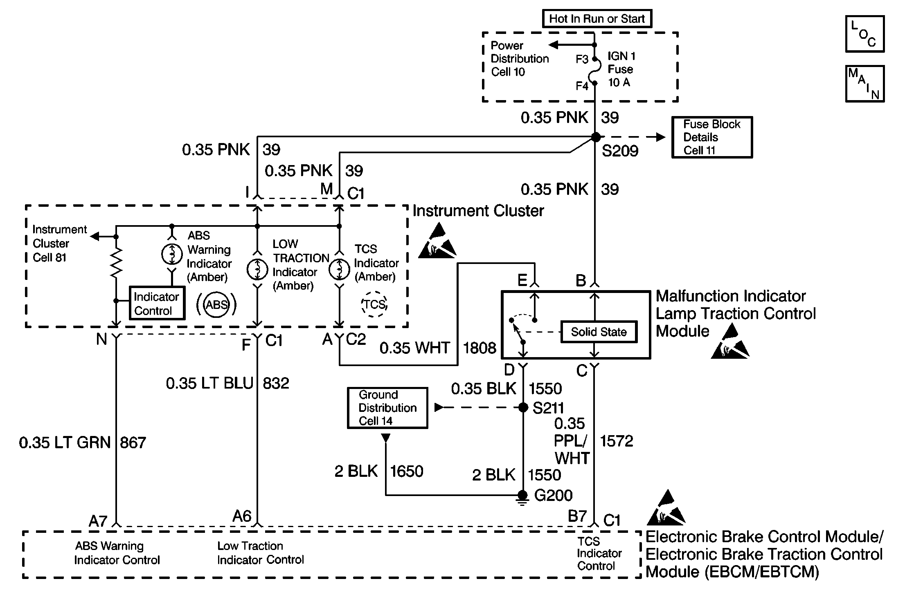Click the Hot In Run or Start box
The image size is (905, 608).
(x=597, y=19)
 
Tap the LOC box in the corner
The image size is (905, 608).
(x=864, y=34)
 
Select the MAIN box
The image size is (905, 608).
(x=864, y=84)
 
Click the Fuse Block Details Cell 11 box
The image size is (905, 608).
(x=712, y=137)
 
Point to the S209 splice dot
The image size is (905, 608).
(x=596, y=137)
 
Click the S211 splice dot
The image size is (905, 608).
(x=523, y=407)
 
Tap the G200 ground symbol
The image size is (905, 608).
(x=522, y=497)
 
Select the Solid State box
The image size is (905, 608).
(x=599, y=332)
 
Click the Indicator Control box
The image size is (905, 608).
(x=157, y=303)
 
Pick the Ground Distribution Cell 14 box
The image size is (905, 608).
(x=387, y=408)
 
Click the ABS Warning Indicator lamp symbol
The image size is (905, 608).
(x=172, y=254)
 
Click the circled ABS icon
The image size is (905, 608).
(x=216, y=305)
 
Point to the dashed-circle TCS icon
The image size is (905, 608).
(x=374, y=304)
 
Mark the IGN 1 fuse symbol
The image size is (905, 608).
(x=595, y=71)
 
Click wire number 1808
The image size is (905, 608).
(x=479, y=348)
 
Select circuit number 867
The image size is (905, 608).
(x=133, y=443)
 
